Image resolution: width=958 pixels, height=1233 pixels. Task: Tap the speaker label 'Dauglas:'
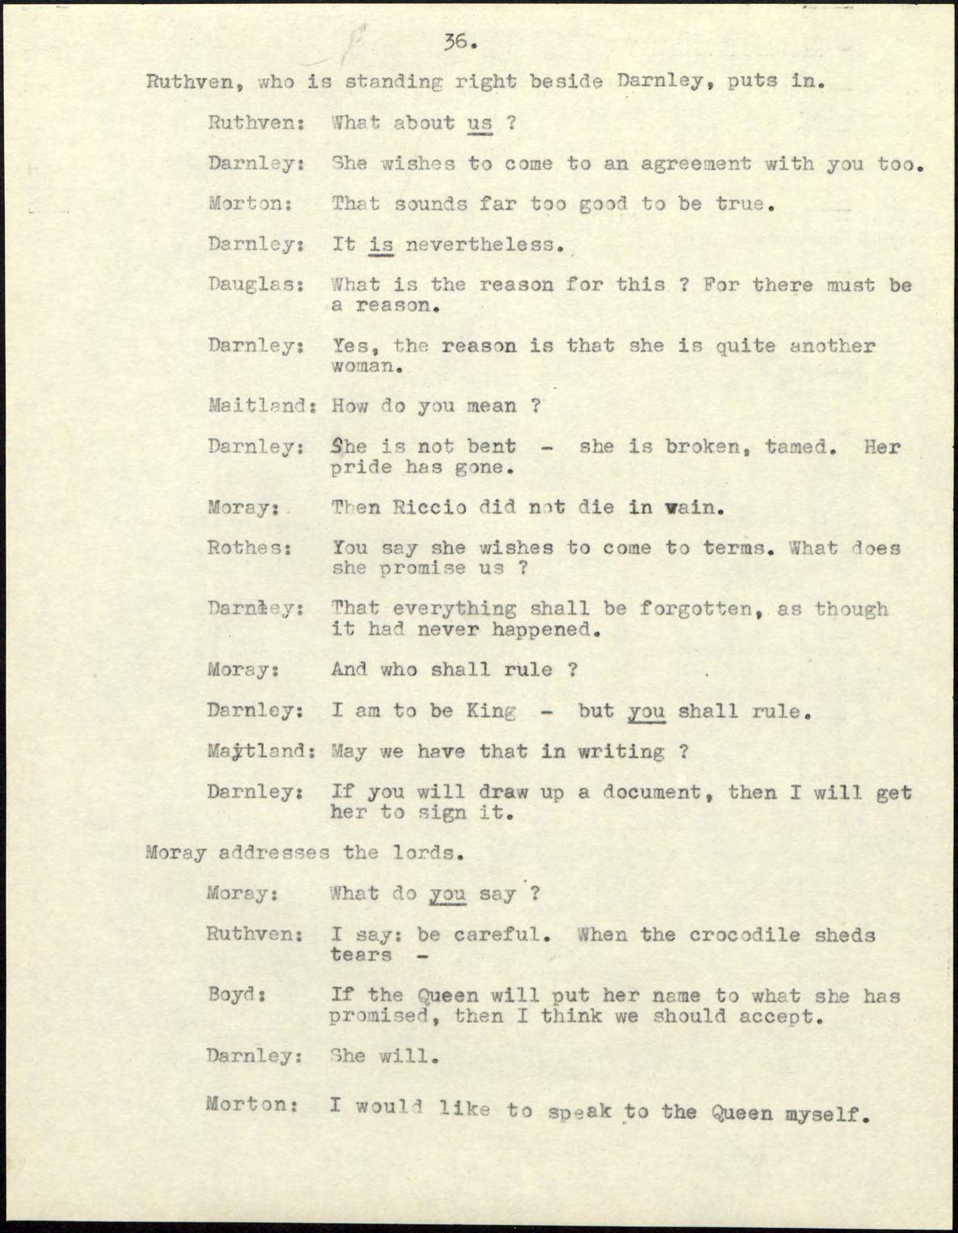(255, 285)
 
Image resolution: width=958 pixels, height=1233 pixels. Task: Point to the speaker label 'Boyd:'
(237, 996)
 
